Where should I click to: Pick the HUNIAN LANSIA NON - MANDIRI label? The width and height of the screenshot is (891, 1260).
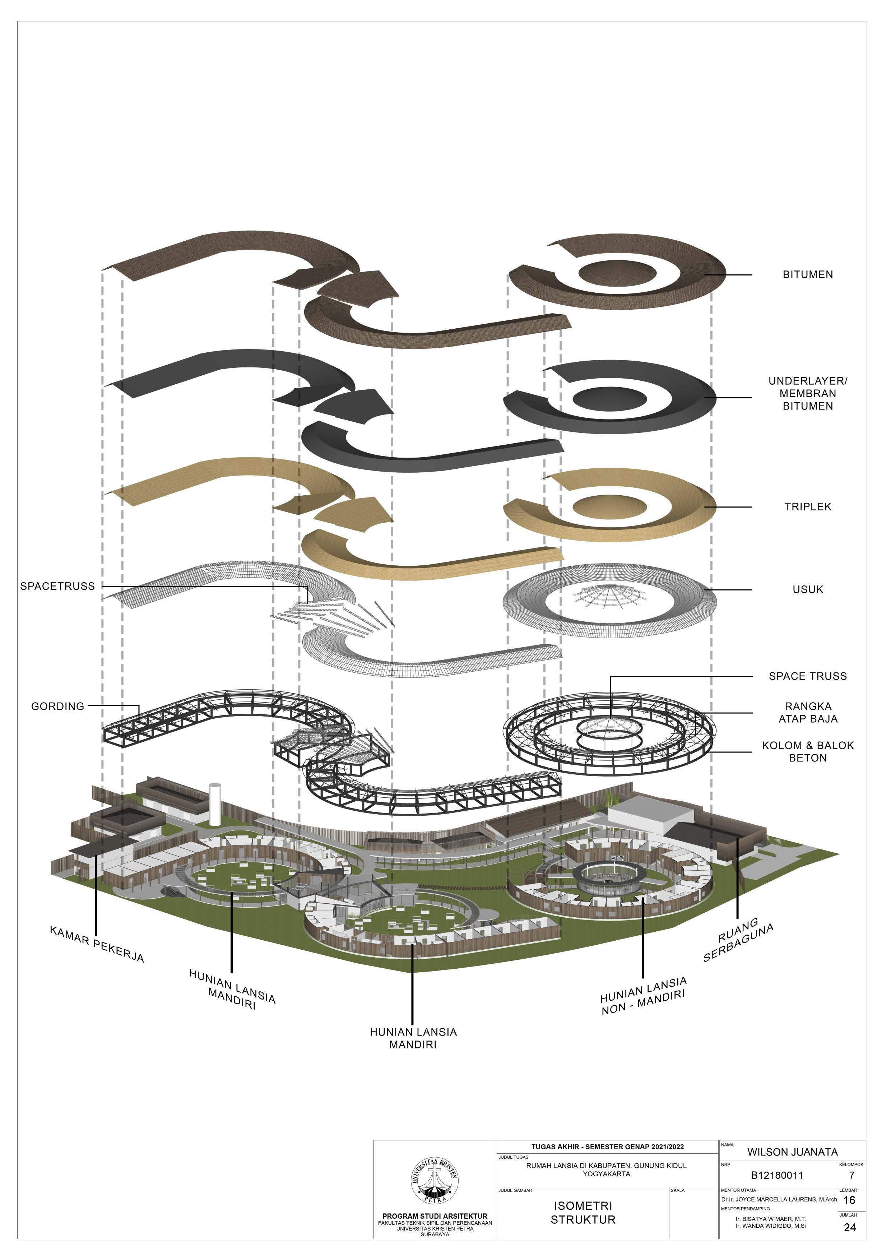[643, 996]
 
